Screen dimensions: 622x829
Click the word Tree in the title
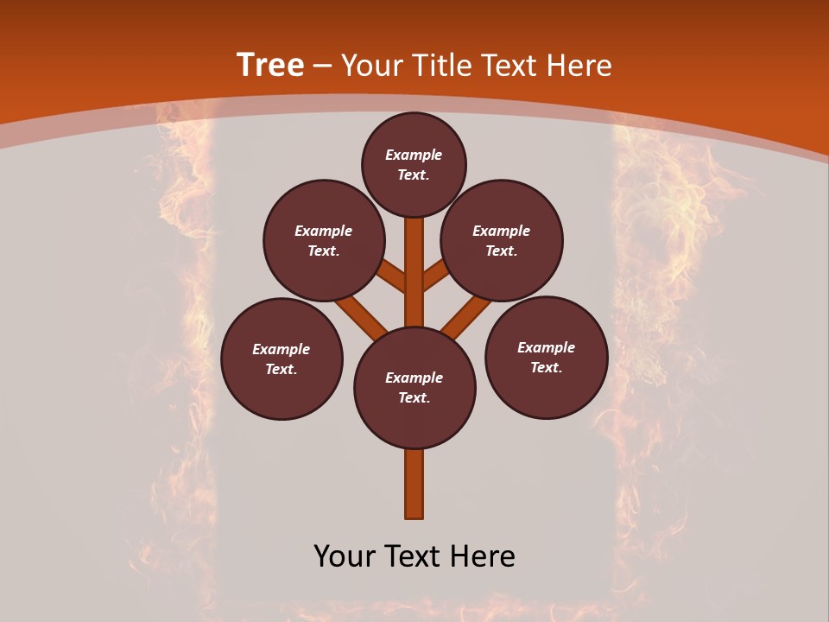[270, 66]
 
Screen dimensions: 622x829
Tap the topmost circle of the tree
[414, 164]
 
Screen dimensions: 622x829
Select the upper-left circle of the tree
[324, 240]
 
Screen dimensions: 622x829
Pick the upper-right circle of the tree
[502, 240]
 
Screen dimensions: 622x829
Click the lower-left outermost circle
[282, 359]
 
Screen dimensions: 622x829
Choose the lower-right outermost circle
[546, 357]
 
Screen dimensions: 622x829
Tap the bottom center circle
[414, 388]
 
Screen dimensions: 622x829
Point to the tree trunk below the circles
[414, 484]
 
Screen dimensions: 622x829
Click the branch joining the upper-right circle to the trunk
[436, 276]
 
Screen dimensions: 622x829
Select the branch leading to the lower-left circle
[361, 316]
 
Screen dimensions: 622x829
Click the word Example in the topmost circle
[414, 155]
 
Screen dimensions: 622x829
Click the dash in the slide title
[322, 67]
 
